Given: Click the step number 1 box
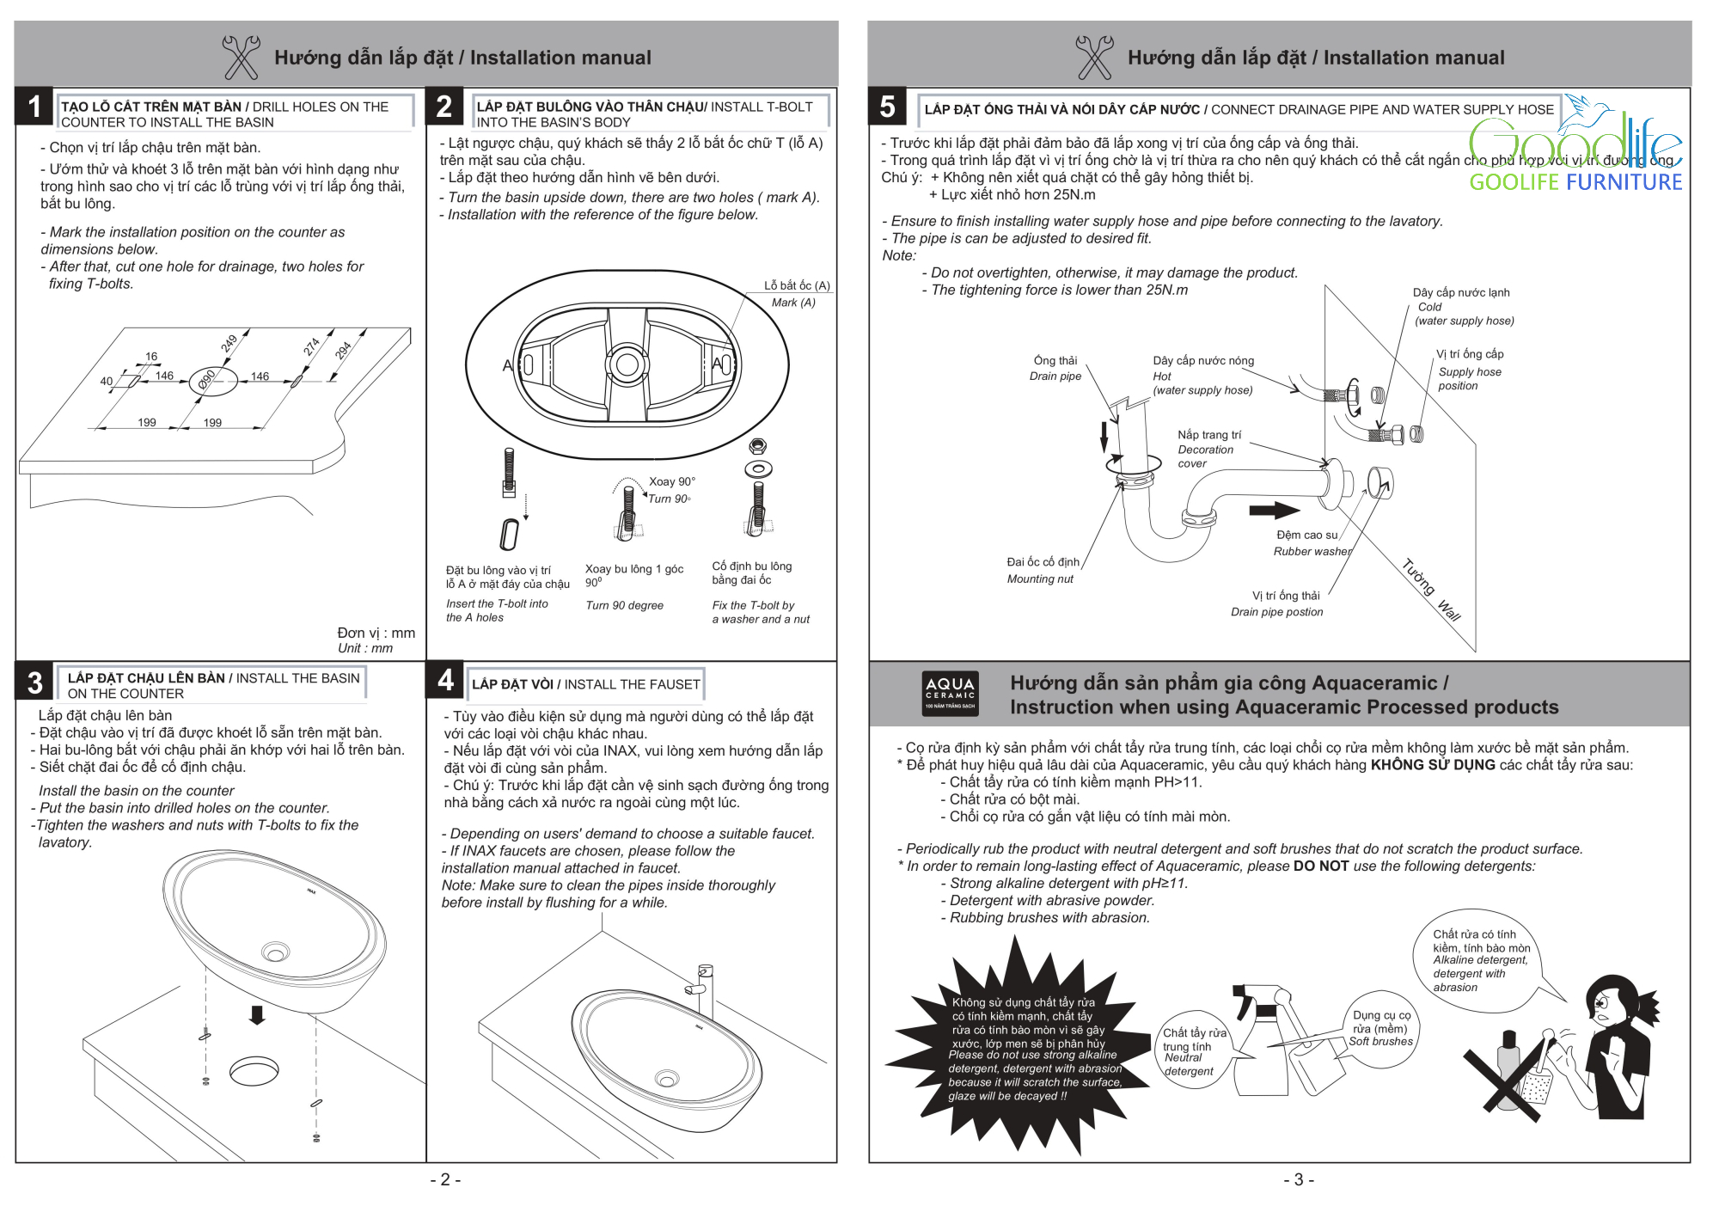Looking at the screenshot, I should [x=34, y=107].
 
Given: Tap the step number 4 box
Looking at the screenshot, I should [x=445, y=680].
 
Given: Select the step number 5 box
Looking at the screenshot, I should [x=887, y=107].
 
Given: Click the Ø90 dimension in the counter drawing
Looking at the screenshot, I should [x=207, y=380].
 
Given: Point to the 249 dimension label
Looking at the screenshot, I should [x=229, y=344].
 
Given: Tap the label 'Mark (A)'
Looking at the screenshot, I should [x=792, y=303].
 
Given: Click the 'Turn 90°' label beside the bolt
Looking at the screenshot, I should [x=669, y=499].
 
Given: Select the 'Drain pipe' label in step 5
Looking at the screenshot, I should [x=1055, y=376].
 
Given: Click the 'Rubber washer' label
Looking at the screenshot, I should [x=1312, y=552].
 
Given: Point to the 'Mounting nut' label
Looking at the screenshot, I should [x=1040, y=579].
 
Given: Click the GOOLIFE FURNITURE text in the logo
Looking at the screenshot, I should [x=1575, y=182].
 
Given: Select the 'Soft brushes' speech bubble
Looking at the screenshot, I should [x=1380, y=1029].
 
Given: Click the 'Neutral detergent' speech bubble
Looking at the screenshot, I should [x=1192, y=1051].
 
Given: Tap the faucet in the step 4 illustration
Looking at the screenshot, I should [x=705, y=989].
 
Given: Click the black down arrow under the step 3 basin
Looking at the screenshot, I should [x=256, y=1015].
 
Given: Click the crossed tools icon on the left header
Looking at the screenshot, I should [x=241, y=57].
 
